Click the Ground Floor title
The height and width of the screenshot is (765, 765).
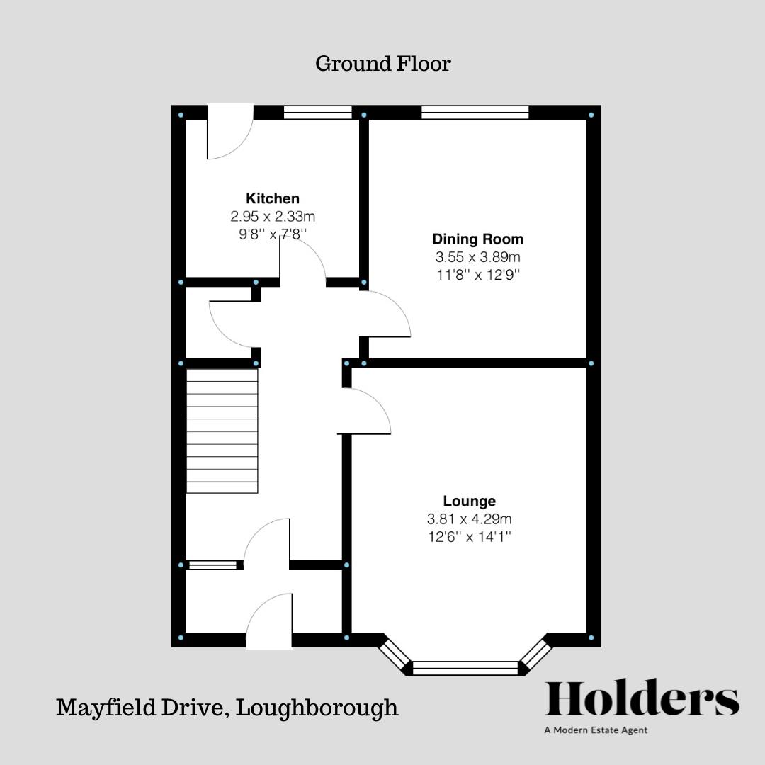pos(382,64)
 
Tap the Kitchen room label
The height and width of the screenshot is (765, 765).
pos(273,198)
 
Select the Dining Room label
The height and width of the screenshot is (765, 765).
pos(477,239)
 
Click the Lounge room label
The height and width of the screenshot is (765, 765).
pos(469,501)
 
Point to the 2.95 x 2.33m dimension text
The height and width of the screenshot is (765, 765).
pos(273,216)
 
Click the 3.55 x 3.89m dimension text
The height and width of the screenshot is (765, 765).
pos(477,257)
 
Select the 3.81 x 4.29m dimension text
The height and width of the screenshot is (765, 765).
pos(469,519)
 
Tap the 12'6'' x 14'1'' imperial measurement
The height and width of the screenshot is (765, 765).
pos(469,537)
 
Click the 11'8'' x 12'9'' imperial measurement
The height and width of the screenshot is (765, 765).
pos(477,275)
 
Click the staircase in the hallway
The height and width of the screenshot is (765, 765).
pos(222,431)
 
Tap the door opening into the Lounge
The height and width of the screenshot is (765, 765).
pos(367,412)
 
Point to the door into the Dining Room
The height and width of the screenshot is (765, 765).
pos(386,316)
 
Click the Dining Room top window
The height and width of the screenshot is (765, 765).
pos(475,112)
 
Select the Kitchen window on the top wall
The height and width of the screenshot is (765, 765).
pos(317,112)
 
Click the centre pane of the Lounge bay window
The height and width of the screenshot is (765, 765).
pos(465,667)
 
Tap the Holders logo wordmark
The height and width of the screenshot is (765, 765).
pos(642,699)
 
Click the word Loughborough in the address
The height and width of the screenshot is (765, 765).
pos(317,707)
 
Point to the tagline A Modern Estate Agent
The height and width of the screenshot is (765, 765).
pos(596,730)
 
